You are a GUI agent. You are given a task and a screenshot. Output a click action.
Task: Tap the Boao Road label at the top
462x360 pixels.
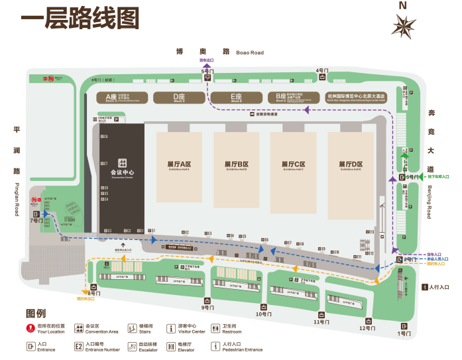[x=249, y=52]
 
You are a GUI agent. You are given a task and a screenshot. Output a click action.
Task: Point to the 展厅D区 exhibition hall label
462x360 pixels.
[x=351, y=164]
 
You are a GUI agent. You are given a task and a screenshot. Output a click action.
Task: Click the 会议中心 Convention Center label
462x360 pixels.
[x=121, y=174]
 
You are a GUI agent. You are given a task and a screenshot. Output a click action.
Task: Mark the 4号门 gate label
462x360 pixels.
[x=322, y=70]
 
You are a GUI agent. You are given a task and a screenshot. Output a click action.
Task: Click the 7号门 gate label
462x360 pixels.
[x=35, y=221]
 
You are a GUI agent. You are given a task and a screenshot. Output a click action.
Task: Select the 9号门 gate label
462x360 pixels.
[x=207, y=308]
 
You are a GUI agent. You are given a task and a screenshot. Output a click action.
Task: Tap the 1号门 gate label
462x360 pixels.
[x=404, y=333]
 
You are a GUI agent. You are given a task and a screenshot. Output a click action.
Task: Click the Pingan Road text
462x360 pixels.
[x=17, y=199]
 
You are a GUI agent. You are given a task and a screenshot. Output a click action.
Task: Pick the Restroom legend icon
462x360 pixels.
[x=215, y=328]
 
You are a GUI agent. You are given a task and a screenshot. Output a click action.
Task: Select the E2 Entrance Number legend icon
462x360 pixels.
[x=79, y=345]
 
